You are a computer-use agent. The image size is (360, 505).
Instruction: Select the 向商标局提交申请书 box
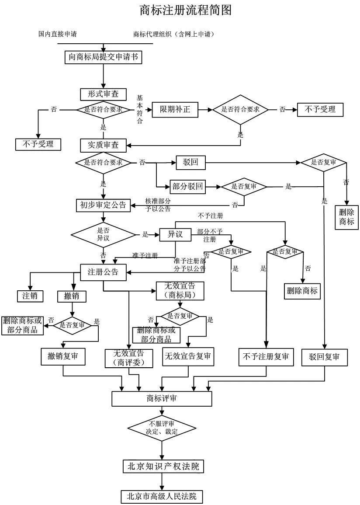pyautogui.click(x=103, y=57)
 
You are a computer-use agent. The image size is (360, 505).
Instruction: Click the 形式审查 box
pyautogui.click(x=103, y=94)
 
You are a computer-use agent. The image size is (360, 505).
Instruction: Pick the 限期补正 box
pyautogui.click(x=175, y=109)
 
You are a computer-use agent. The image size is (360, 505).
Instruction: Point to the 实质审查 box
pyautogui.click(x=103, y=145)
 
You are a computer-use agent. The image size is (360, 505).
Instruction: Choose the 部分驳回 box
pyautogui.click(x=187, y=187)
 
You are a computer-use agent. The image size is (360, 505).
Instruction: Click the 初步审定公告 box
pyautogui.click(x=103, y=205)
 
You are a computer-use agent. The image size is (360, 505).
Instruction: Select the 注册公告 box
pyautogui.click(x=103, y=272)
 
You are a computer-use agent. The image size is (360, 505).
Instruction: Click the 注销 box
pyautogui.click(x=30, y=296)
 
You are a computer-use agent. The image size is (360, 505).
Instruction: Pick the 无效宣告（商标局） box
pyautogui.click(x=180, y=291)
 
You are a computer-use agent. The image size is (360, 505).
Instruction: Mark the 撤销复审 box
pyautogui.click(x=63, y=357)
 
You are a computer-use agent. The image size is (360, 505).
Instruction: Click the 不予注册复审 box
pyautogui.click(x=266, y=357)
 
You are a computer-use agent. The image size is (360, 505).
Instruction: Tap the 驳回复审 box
pyautogui.click(x=324, y=357)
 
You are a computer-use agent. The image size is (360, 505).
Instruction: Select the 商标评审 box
pyautogui.click(x=162, y=398)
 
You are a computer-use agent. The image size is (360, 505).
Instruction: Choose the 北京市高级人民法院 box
pyautogui.click(x=162, y=496)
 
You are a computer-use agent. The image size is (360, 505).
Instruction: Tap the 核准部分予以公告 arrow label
pyautogui.click(x=158, y=205)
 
